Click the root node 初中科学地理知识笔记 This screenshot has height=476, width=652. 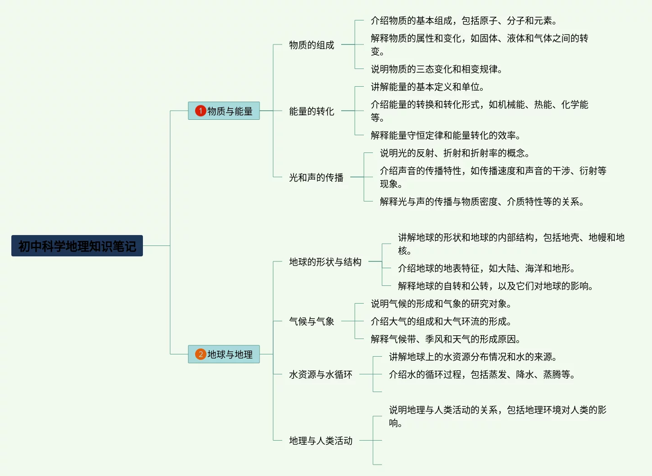77,246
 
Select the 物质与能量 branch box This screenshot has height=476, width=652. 224,111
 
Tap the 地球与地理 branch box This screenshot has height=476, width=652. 224,354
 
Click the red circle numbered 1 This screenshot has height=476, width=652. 201,111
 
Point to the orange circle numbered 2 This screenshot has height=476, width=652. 201,354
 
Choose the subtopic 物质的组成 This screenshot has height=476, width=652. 311,45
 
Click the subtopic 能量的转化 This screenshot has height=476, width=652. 311,111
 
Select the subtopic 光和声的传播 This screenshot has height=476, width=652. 316,177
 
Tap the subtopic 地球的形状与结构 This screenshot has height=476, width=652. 325,262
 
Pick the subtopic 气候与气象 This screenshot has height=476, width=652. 311,321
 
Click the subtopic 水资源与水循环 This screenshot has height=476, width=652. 320,374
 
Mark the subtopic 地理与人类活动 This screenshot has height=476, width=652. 320,441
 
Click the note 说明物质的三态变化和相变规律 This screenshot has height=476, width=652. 436,69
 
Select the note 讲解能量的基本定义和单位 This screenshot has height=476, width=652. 427,87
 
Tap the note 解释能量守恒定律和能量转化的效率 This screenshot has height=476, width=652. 445,135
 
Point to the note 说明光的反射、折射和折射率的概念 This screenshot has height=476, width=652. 454,153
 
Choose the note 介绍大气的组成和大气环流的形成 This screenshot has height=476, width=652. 441,321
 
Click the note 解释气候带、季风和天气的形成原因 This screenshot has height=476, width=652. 445,339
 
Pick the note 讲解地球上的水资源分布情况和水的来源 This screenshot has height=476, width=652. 472,357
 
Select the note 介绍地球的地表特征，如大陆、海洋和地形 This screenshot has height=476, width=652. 486,268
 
